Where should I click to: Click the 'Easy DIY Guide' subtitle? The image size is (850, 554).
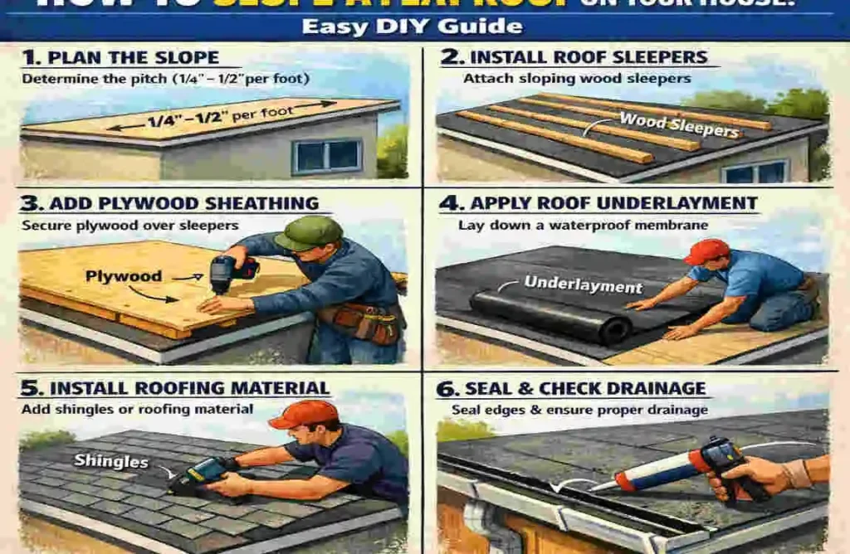coord(412,26)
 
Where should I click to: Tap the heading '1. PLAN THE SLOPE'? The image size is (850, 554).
coord(121,58)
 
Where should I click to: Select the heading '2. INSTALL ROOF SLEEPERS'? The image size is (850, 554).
coord(589,57)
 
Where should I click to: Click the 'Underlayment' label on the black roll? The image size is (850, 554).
coord(583,285)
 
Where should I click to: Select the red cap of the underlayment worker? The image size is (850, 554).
coord(707,250)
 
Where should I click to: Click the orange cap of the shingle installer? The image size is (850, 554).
coord(304,413)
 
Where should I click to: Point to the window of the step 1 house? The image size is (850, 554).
coord(327,155)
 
